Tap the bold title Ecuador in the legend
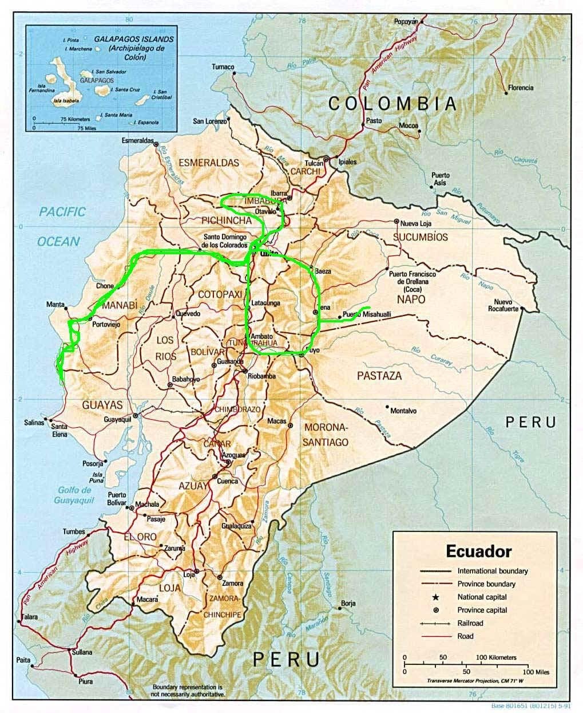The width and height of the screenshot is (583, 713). point(478,552)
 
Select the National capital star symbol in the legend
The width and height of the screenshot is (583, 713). point(435,597)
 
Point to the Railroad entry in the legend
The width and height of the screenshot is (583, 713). point(470,623)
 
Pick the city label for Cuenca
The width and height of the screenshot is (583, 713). point(227,481)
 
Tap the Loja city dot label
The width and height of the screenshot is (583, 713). point(188,574)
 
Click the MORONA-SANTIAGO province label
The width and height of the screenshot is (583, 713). point(326,435)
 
